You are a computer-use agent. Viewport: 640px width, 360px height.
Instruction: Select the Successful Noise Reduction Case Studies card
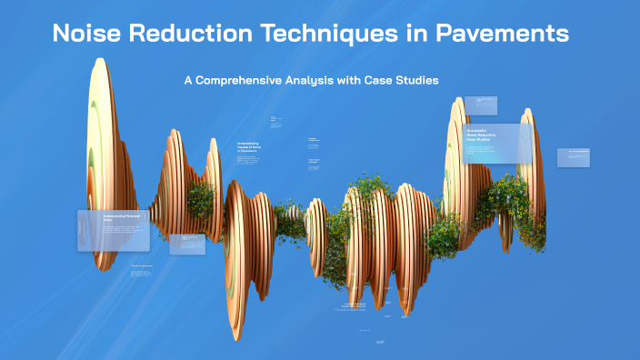497,143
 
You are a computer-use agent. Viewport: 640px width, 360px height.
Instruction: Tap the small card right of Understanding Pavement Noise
186,244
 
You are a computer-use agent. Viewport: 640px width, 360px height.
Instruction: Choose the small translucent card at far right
573,157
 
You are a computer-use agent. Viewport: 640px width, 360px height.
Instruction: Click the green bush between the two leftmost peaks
200,195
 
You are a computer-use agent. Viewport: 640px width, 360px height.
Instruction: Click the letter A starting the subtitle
188,80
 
